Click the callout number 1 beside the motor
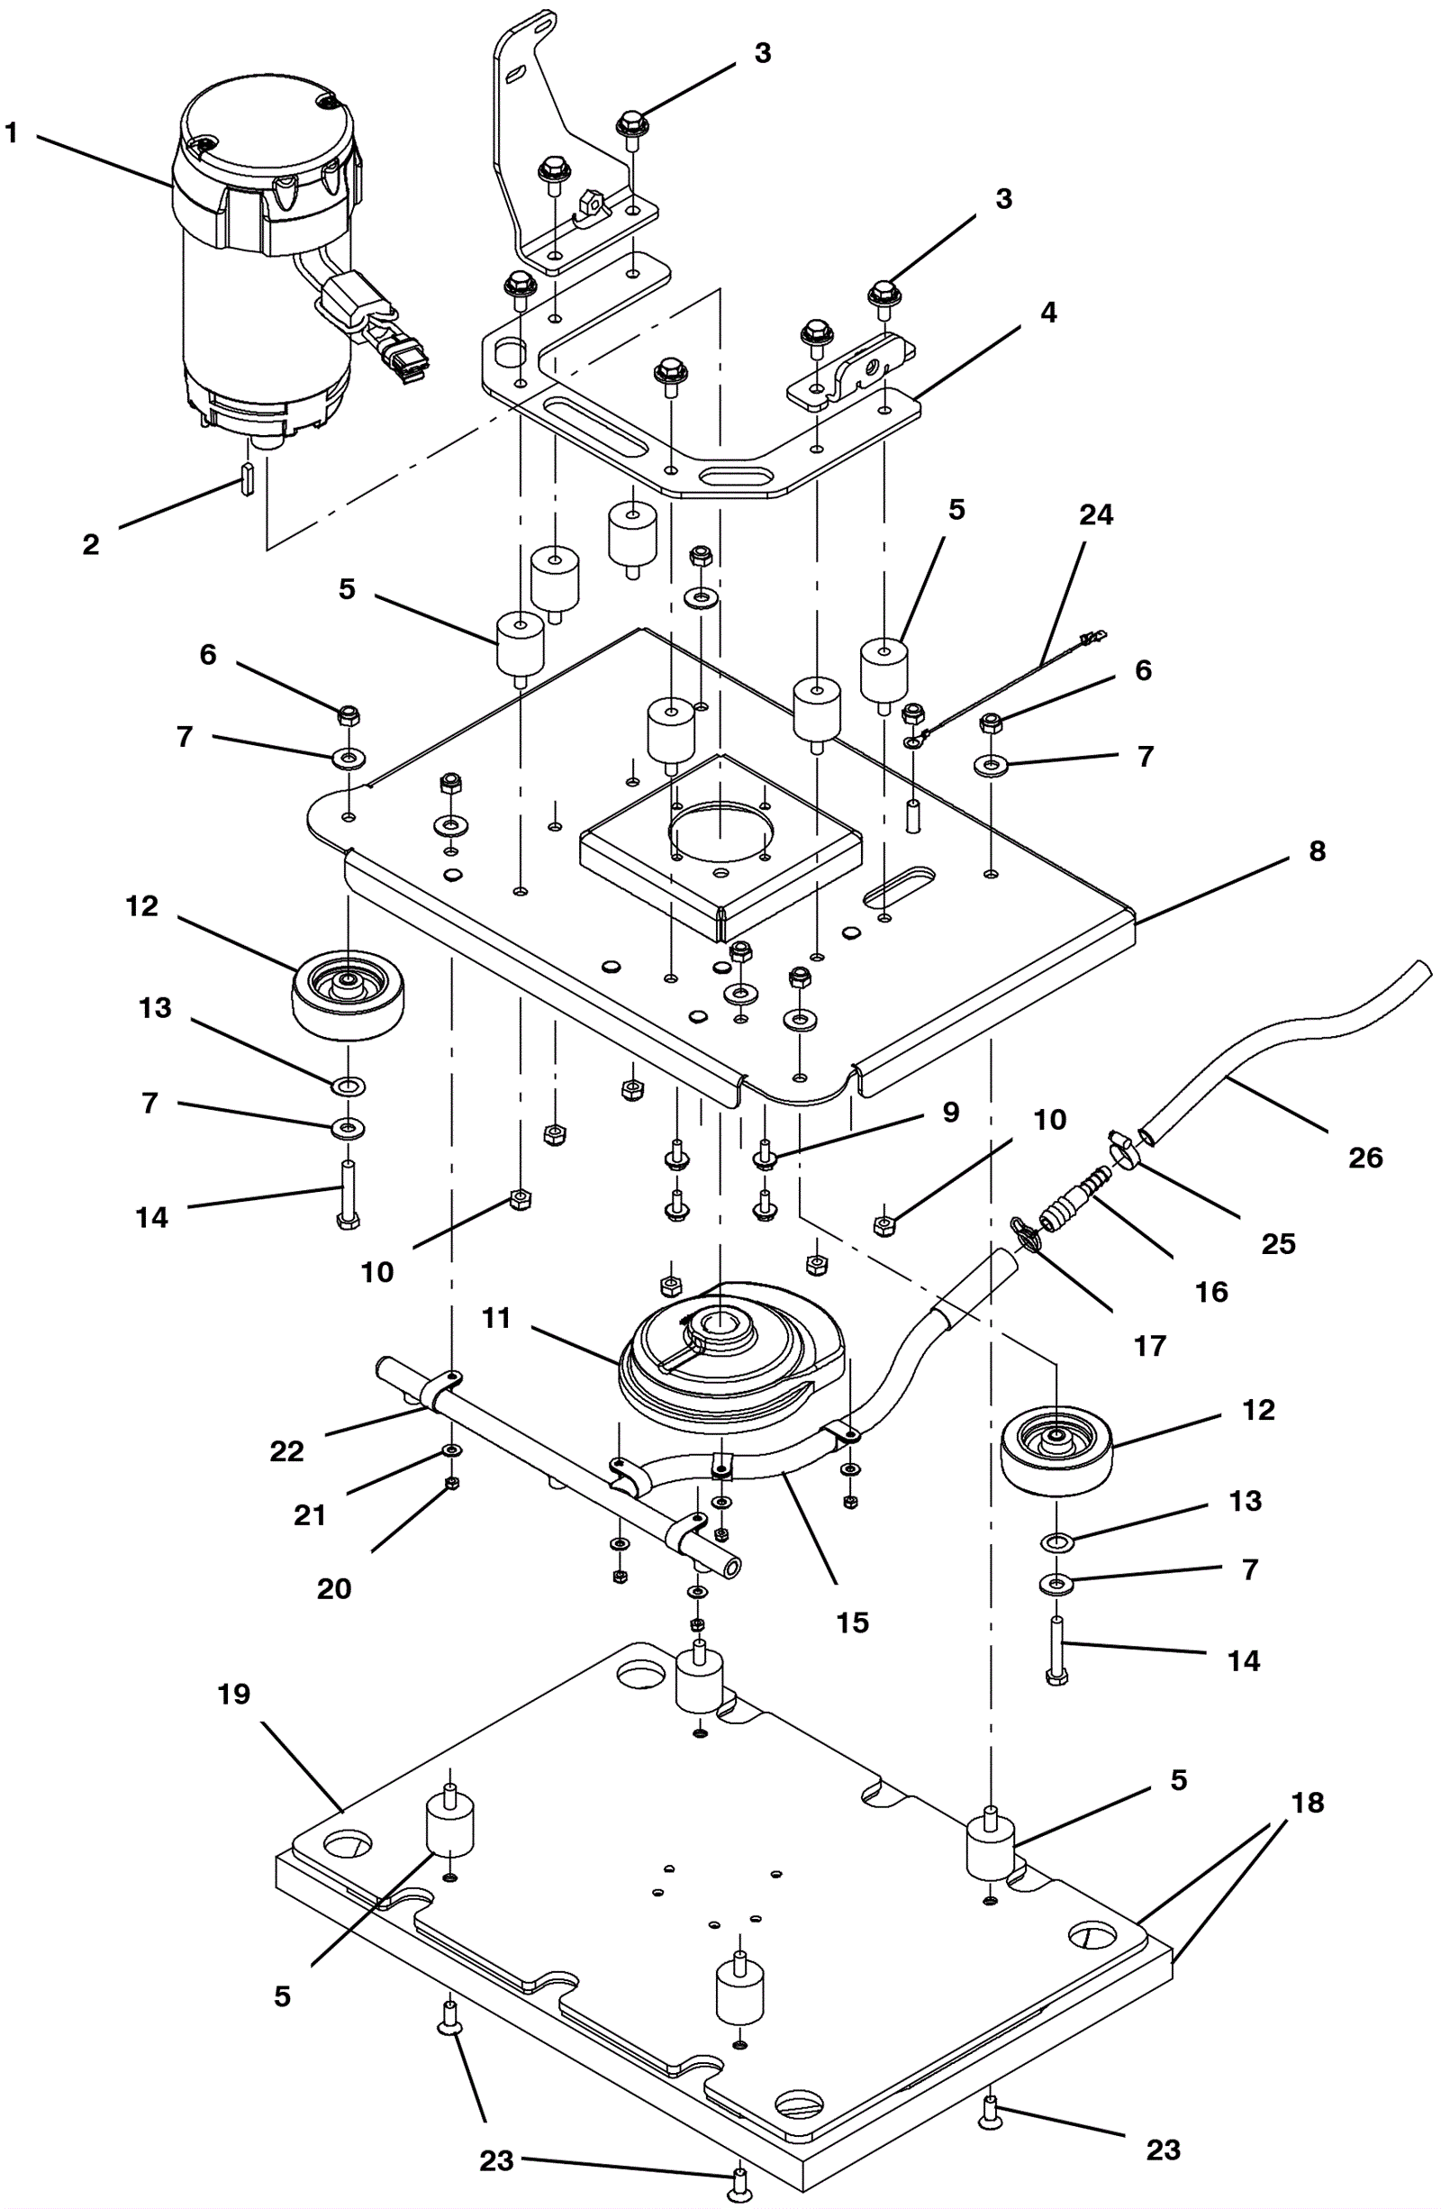[11, 133]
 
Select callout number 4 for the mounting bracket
[1047, 313]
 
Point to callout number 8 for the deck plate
[1317, 851]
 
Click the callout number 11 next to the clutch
[496, 1318]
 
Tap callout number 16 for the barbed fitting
[1210, 1291]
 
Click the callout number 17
[1149, 1345]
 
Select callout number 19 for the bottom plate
[234, 1695]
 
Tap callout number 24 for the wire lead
[1096, 515]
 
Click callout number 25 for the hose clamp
[1278, 1244]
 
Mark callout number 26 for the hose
[1365, 1158]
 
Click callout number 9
[950, 1112]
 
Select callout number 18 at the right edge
[1308, 1803]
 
